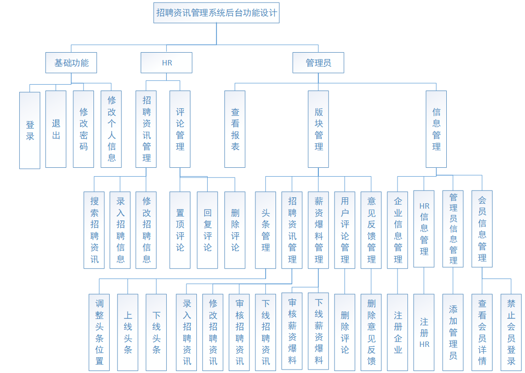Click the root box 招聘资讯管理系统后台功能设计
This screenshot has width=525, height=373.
pyautogui.click(x=216, y=13)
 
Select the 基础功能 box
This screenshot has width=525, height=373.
pyautogui.click(x=71, y=63)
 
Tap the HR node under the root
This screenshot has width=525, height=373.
pyautogui.click(x=167, y=63)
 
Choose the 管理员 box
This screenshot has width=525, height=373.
pyautogui.click(x=318, y=63)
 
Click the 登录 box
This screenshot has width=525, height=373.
pyautogui.click(x=30, y=130)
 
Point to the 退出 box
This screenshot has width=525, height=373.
pyautogui.click(x=56, y=129)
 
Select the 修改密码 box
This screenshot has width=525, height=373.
pyautogui.click(x=83, y=129)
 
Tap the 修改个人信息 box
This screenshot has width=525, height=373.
pyautogui.click(x=111, y=129)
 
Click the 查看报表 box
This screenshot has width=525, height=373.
pyautogui.click(x=235, y=129)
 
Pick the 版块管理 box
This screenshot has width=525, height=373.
pyautogui.click(x=318, y=129)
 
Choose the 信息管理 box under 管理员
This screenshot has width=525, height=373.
pyautogui.click(x=436, y=129)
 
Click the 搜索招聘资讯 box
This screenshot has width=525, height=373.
pyautogui.click(x=94, y=230)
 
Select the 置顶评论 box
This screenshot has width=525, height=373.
pyautogui.click(x=180, y=230)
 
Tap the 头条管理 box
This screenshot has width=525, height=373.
pyautogui.click(x=266, y=230)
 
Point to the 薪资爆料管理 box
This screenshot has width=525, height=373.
pyautogui.click(x=318, y=230)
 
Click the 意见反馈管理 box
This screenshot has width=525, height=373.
pyautogui.click(x=371, y=230)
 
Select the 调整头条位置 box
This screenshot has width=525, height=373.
pyautogui.click(x=99, y=332)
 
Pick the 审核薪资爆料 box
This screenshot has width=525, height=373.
pyautogui.click(x=292, y=331)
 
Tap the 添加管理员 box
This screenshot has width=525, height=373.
pyautogui.click(x=453, y=332)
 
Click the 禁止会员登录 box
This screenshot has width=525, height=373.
pyautogui.click(x=511, y=332)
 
